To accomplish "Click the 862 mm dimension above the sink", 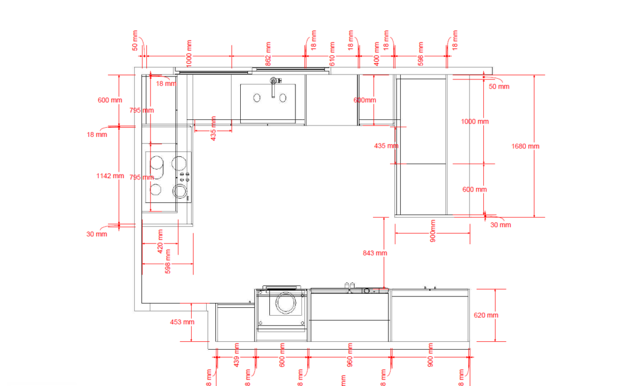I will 268,52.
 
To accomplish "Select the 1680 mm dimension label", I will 525,146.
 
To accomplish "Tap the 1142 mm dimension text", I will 110,176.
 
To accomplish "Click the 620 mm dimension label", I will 486,315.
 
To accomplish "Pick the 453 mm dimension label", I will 182,322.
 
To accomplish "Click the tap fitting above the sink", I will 274,82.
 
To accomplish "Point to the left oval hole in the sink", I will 257,97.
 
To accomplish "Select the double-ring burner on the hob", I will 180,191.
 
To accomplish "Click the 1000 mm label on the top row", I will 189,52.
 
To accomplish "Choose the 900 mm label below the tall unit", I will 433,234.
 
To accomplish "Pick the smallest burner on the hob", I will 156,190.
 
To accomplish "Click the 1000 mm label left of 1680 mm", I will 474,121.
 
